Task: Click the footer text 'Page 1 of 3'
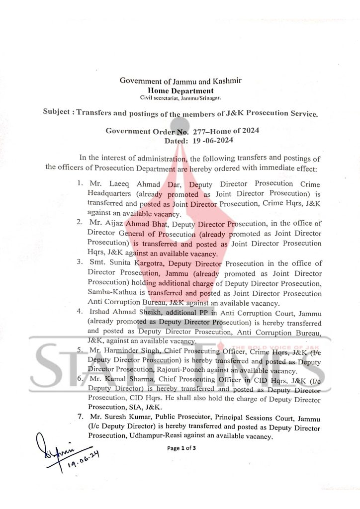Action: pyautogui.click(x=181, y=448)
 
